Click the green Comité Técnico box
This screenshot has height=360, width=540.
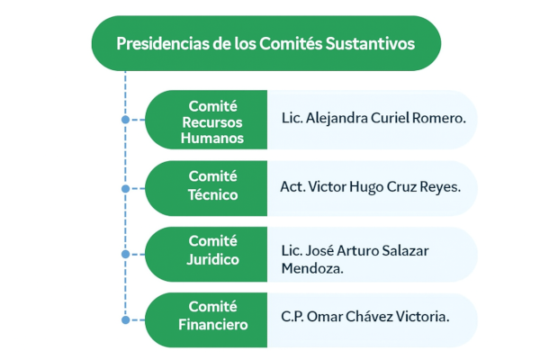pyautogui.click(x=206, y=186)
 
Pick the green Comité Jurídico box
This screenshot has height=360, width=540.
pyautogui.click(x=206, y=251)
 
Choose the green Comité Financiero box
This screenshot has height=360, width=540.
pyautogui.click(x=206, y=317)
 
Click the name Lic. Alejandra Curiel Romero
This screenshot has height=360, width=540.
pyautogui.click(x=373, y=117)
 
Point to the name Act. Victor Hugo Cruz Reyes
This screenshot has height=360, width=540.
pyautogui.click(x=371, y=187)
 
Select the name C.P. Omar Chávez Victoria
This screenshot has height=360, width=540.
pyautogui.click(x=364, y=317)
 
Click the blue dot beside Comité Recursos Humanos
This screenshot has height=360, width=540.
pyautogui.click(x=125, y=119)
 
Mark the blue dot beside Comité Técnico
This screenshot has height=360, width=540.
pyautogui.click(x=125, y=189)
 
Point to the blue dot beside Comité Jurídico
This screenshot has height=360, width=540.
pyautogui.click(x=125, y=255)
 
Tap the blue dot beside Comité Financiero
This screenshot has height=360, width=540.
pyautogui.click(x=125, y=319)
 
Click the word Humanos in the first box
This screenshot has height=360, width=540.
pyautogui.click(x=212, y=139)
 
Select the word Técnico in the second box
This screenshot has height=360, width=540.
pyautogui.click(x=212, y=194)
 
